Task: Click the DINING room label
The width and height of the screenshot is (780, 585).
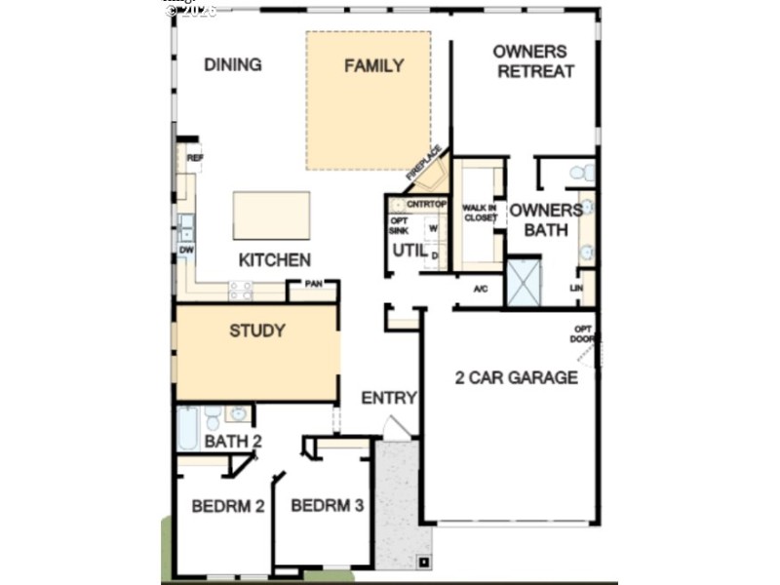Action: coord(232,65)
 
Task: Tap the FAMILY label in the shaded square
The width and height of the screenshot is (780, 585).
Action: coord(373,66)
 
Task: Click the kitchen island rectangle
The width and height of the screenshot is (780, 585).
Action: coord(271,215)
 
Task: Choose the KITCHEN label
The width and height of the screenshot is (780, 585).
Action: coord(275,260)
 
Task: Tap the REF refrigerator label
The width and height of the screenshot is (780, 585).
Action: coord(194,157)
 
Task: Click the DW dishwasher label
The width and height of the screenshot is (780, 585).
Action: coord(185,251)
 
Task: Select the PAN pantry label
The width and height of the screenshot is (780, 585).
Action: coord(313,284)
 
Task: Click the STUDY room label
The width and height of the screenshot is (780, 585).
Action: coord(257,331)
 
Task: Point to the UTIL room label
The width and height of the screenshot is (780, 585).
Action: coord(409,251)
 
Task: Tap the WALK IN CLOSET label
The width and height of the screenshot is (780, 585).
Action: coord(479,213)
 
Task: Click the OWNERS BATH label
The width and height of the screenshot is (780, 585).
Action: coord(545,219)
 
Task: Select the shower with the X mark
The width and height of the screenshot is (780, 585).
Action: coord(524,282)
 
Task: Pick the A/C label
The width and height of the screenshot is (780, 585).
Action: coord(480,290)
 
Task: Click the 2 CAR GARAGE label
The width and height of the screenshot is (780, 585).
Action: coord(516,377)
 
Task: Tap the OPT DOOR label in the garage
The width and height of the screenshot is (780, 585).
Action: coord(582,333)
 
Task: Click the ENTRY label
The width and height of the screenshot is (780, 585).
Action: coord(388,398)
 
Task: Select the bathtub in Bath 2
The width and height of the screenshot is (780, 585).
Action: coord(187,428)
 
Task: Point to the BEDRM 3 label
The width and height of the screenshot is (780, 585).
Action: coord(328,507)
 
